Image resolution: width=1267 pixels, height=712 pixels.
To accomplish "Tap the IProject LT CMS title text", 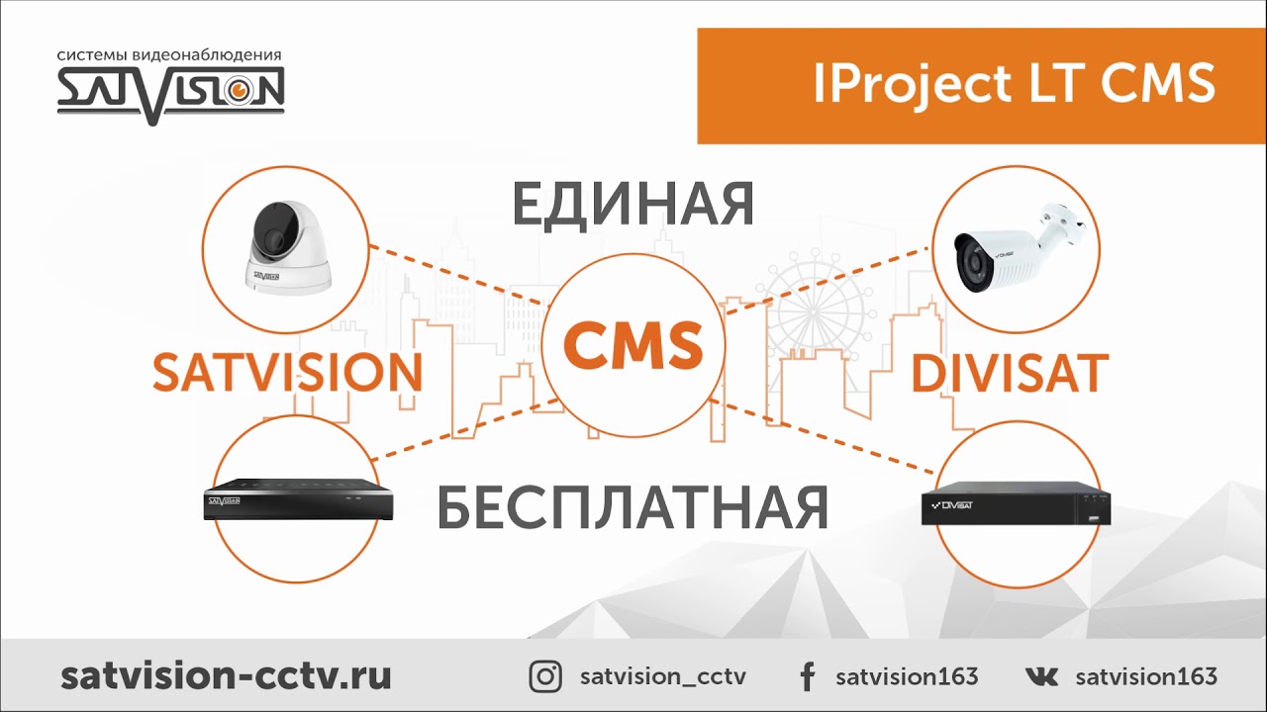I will [x=1014, y=83].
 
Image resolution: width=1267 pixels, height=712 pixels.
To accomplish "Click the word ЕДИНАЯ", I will [x=633, y=204].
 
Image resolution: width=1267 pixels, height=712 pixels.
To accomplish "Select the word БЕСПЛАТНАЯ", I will [x=633, y=505].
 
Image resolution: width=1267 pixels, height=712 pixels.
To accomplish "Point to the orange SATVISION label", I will [x=287, y=372].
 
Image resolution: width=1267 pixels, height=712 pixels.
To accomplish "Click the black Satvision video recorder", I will [x=297, y=499].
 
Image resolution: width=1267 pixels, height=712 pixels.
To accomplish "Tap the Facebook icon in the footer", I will [x=807, y=677].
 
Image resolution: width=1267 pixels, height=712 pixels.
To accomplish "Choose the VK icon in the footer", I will [x=1041, y=677].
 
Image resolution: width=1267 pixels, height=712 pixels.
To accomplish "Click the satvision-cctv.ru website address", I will [x=226, y=676].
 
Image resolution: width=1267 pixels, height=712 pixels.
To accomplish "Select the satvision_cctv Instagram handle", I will [x=662, y=677].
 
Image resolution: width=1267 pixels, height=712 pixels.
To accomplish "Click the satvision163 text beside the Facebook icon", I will [x=907, y=677].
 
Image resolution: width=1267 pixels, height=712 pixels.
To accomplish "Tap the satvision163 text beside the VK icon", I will [x=1146, y=677].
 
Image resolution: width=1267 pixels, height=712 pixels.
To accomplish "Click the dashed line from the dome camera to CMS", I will [x=455, y=273].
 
